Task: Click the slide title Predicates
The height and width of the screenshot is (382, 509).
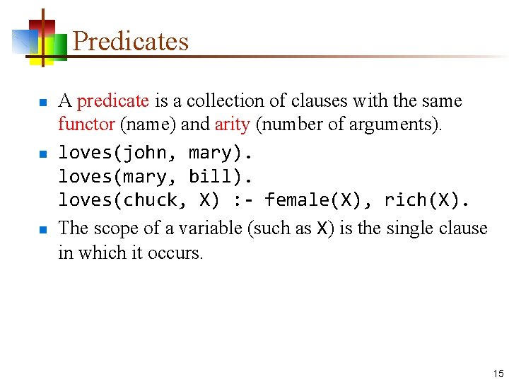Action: tap(131, 41)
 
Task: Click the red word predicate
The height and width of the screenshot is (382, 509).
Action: tap(112, 101)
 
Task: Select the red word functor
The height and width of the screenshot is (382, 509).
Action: tap(86, 125)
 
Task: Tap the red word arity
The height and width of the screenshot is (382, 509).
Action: tap(232, 125)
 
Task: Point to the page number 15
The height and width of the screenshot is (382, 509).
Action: tap(498, 374)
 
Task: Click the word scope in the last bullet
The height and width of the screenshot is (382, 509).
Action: tap(113, 228)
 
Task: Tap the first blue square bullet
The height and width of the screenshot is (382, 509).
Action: tap(43, 103)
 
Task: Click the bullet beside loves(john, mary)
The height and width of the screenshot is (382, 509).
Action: tap(43, 154)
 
